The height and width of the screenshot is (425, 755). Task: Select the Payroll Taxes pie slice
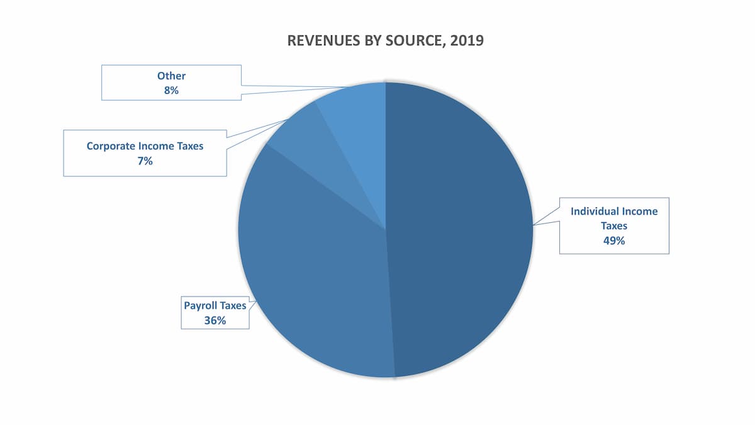(308, 264)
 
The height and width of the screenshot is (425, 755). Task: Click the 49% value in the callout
(613, 240)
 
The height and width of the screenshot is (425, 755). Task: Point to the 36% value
(215, 320)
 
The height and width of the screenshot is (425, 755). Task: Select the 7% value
(145, 161)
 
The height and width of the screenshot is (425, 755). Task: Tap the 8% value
(171, 90)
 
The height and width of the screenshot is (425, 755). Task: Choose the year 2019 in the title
(467, 41)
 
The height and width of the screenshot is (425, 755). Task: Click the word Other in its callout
(171, 76)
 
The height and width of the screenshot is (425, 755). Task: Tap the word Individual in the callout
(595, 212)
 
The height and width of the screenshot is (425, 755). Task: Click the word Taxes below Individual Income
(613, 225)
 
